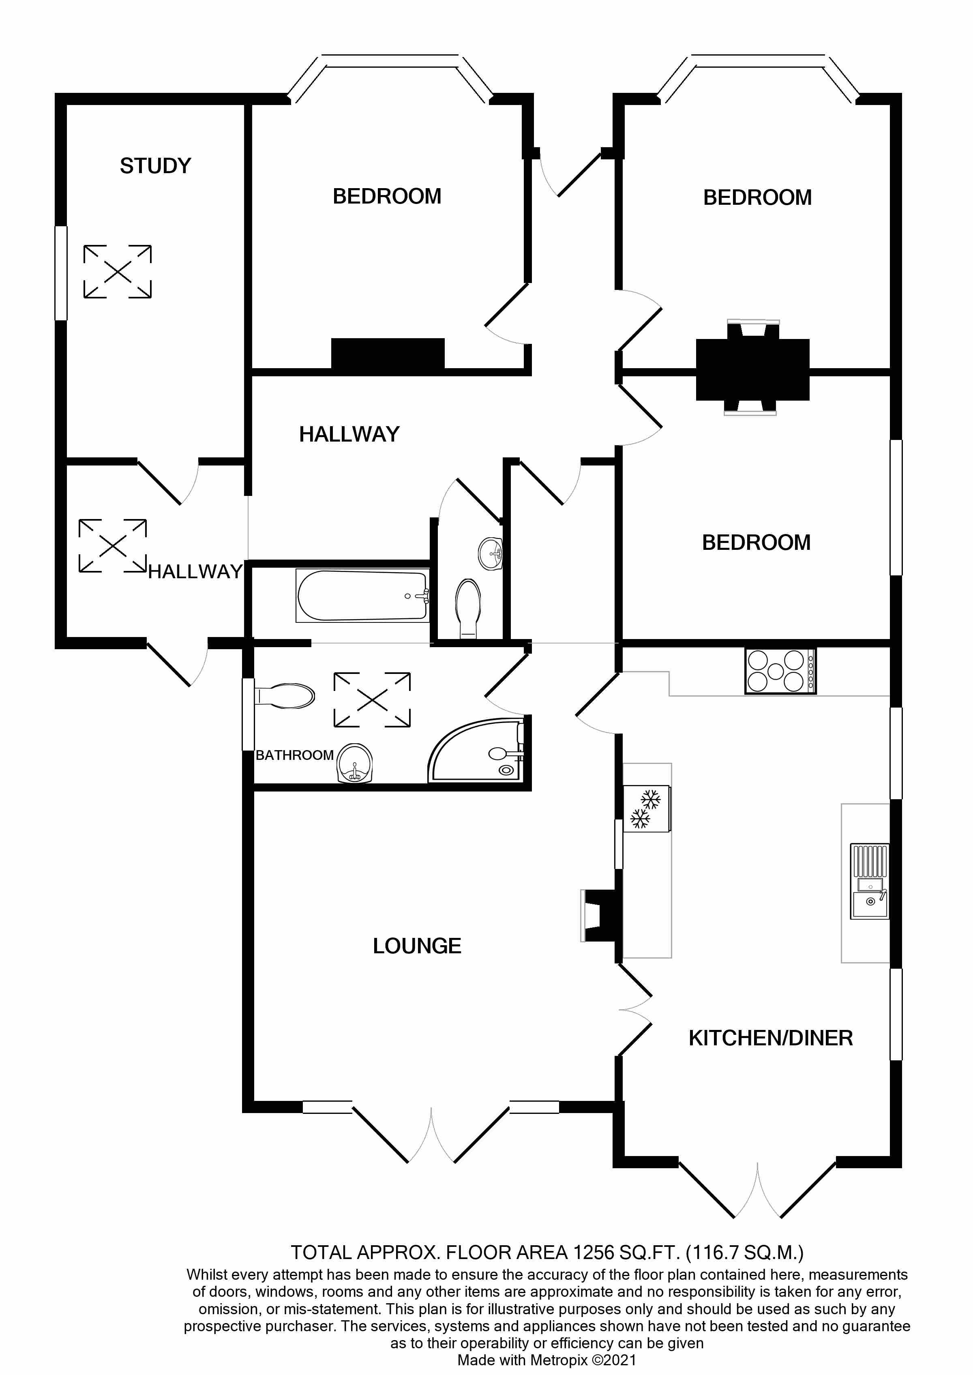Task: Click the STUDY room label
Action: pyautogui.click(x=155, y=166)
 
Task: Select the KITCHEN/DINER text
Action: pyautogui.click(x=770, y=1038)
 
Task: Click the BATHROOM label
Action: pyautogui.click(x=294, y=755)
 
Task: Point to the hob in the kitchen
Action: pyautogui.click(x=780, y=671)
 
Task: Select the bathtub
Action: pyautogui.click(x=362, y=596)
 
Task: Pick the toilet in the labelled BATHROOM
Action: pyautogui.click(x=285, y=696)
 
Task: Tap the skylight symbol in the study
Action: pyautogui.click(x=118, y=271)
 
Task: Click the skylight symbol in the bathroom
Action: pyautogui.click(x=372, y=700)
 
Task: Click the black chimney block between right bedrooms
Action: pyautogui.click(x=752, y=370)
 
